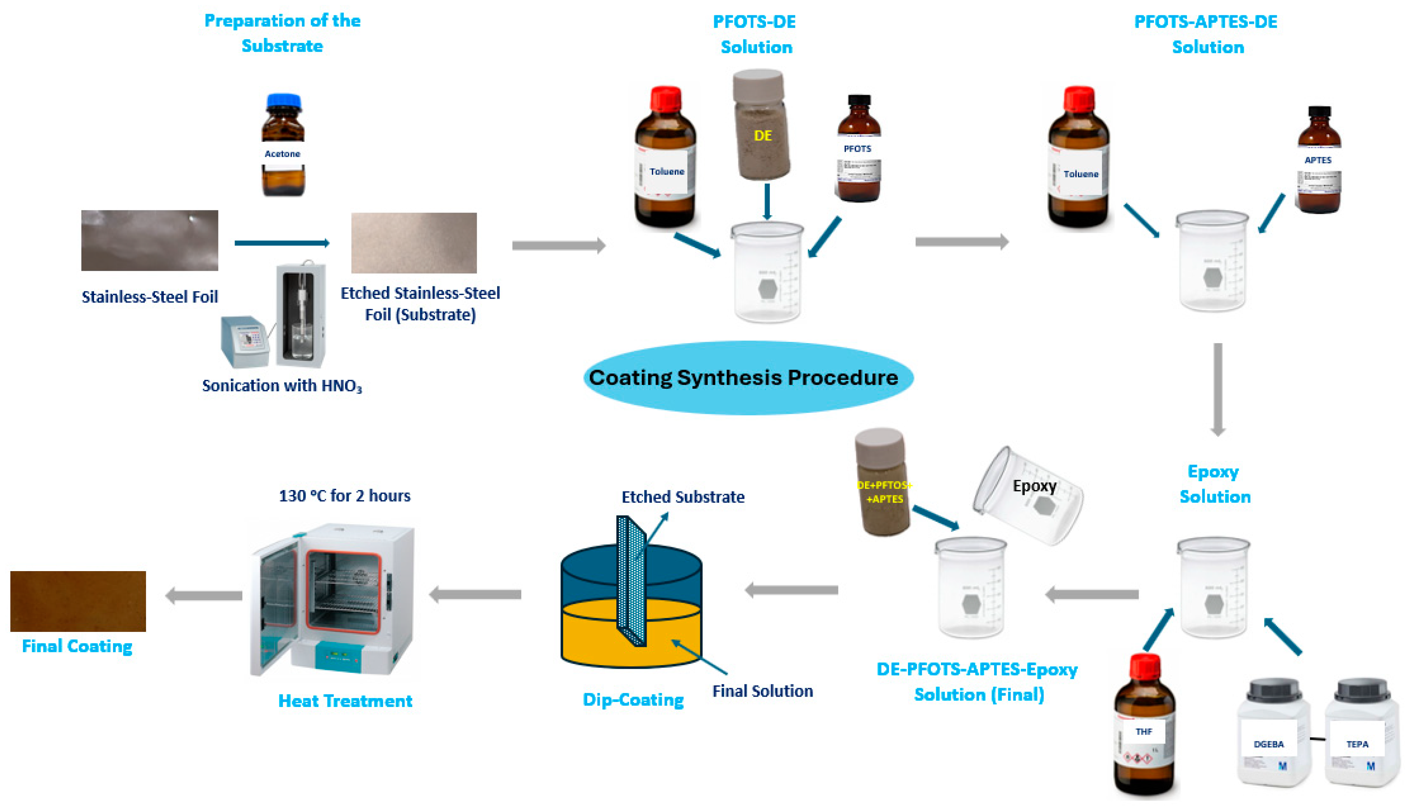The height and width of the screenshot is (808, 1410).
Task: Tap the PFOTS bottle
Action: pos(858,150)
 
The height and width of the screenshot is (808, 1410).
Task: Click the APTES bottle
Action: pos(1318,161)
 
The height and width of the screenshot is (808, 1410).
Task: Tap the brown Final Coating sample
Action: pos(78,601)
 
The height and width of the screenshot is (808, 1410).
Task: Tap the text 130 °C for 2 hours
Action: pos(344,496)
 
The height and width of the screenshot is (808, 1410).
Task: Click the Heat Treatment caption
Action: pos(345,701)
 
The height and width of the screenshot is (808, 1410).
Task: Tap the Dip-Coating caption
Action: pos(633,700)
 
